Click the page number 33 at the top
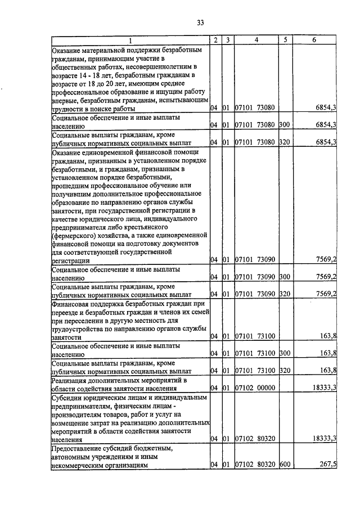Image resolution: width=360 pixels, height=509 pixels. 200,22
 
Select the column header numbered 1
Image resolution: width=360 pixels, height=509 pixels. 130,40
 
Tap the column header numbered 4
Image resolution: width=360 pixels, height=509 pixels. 256,40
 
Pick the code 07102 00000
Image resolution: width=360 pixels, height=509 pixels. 255,388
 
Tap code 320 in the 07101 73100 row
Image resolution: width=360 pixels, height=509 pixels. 284,371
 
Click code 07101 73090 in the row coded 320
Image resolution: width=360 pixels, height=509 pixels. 255,294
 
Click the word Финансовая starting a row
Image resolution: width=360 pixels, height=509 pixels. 70,303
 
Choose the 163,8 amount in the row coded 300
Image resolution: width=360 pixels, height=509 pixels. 327,354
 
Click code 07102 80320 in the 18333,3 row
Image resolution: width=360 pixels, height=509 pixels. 255,438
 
